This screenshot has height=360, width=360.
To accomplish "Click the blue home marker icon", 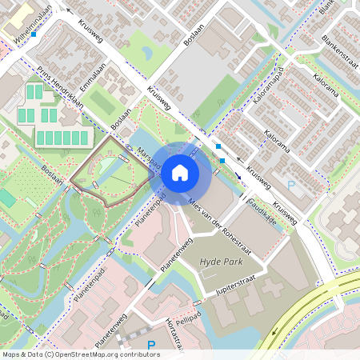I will point(180,172).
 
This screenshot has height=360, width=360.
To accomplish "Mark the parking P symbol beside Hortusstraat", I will point(151,346).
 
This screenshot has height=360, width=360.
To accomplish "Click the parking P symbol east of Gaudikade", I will point(291,185).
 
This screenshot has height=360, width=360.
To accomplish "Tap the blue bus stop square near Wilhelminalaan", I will point(33,35).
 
